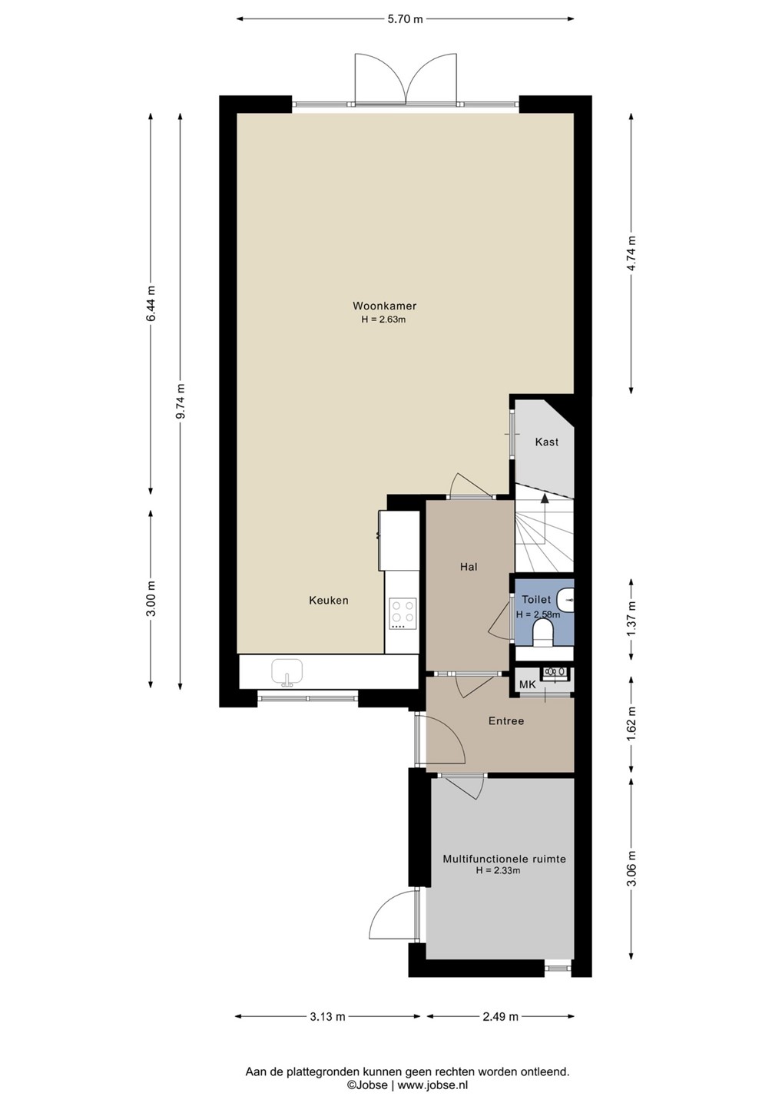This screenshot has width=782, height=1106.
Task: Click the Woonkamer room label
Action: tap(384, 306)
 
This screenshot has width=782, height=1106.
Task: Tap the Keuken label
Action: tap(329, 601)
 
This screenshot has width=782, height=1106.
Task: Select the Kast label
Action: tap(546, 442)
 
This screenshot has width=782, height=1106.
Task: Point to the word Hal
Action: tap(469, 567)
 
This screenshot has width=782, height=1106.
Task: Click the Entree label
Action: tap(506, 721)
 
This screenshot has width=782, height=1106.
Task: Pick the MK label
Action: tap(527, 685)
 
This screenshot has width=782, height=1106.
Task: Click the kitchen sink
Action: tap(287, 672)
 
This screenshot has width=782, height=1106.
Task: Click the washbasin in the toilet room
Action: tap(566, 599)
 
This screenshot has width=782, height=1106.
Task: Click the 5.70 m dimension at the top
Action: tap(404, 19)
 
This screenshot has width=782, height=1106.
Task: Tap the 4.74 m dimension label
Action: tap(632, 253)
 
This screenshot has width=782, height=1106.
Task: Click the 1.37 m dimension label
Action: tap(632, 620)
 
